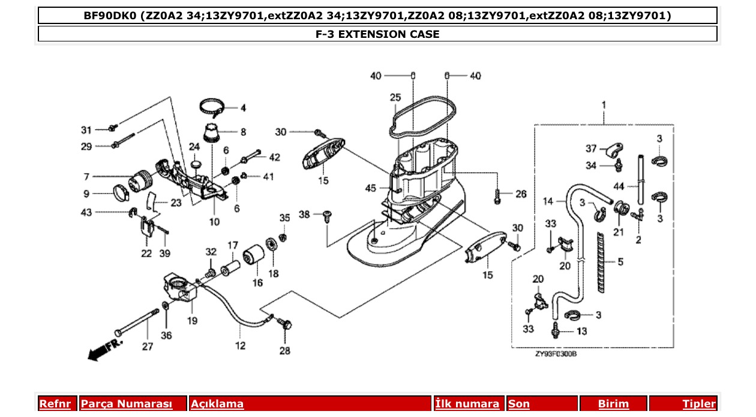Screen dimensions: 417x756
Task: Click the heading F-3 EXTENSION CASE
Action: (377, 34)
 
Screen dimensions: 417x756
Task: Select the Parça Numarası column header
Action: (127, 404)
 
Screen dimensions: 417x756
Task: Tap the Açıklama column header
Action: (217, 404)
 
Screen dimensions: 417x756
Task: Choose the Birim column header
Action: (613, 404)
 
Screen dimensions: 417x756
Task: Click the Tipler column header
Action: (699, 404)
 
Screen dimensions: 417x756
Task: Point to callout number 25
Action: (395, 97)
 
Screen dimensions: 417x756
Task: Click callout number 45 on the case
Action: (370, 189)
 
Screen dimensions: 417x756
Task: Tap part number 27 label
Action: (148, 346)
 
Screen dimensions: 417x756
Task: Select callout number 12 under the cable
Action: (240, 345)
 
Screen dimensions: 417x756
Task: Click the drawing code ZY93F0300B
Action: (556, 355)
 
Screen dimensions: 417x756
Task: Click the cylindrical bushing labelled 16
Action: (253, 257)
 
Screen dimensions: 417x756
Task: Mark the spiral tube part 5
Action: (602, 262)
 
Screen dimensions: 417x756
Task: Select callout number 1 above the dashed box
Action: (603, 105)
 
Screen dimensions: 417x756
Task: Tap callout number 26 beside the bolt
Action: (521, 194)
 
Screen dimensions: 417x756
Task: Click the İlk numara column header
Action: (467, 404)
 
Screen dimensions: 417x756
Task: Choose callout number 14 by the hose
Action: (548, 201)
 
